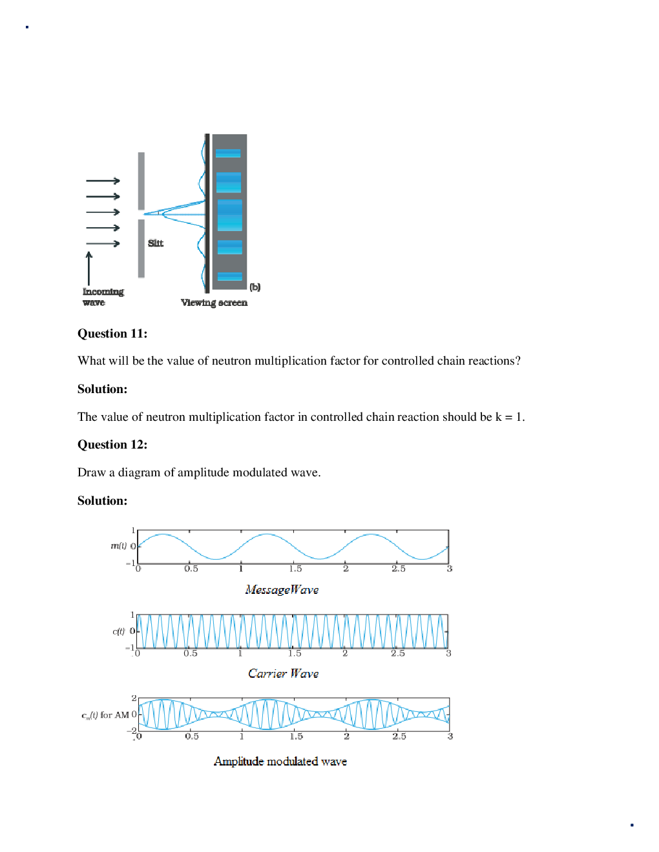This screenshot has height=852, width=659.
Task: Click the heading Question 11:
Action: (112, 334)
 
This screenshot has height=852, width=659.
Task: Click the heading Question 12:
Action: (112, 445)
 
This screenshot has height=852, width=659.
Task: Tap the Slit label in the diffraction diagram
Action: (156, 243)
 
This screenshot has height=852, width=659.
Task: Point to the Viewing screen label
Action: (214, 303)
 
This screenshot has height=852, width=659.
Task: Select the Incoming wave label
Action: (103, 297)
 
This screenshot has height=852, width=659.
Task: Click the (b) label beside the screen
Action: (255, 287)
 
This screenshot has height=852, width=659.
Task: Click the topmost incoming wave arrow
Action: (103, 181)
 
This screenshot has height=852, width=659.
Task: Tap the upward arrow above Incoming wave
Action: (89, 267)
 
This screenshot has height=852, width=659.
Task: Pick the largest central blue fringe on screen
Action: (229, 215)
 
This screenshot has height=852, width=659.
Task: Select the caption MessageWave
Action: (282, 589)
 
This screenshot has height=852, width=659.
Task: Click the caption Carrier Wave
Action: (283, 673)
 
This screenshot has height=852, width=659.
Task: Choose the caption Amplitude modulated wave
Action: (280, 762)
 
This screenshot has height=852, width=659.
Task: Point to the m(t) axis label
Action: (118, 546)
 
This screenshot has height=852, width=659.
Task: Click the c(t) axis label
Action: (118, 631)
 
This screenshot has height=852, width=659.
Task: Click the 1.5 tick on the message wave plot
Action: (295, 569)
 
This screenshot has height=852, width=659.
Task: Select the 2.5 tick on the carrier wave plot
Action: (398, 653)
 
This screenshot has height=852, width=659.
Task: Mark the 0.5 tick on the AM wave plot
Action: (192, 736)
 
